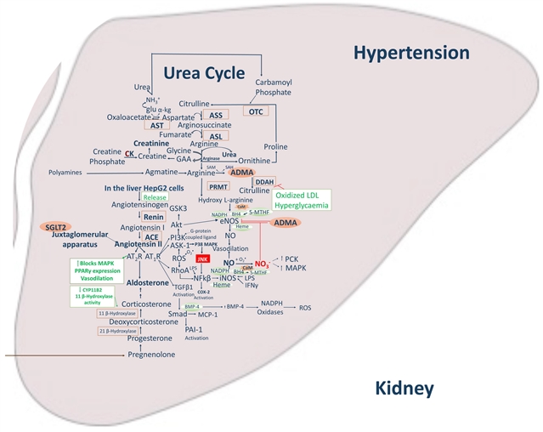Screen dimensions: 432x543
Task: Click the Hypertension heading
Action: (x=411, y=54)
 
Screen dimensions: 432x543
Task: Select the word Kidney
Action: (x=404, y=389)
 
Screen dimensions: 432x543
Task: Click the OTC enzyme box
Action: (x=256, y=111)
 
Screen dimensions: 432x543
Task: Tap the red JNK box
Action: (x=202, y=258)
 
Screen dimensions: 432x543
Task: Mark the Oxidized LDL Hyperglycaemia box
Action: (x=302, y=201)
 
